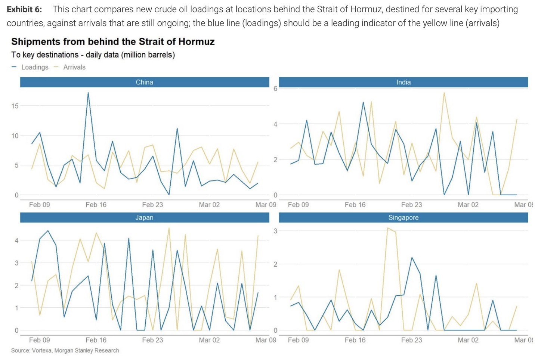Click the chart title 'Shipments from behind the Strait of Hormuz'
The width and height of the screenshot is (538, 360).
click(113, 41)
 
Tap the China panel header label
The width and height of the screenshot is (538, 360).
click(144, 82)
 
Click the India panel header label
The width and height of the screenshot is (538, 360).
click(403, 82)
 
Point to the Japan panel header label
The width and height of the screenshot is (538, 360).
click(144, 217)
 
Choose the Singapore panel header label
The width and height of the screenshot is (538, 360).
click(403, 217)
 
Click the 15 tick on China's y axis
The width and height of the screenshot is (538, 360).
click(15, 106)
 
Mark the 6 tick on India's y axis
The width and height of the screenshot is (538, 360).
click(275, 89)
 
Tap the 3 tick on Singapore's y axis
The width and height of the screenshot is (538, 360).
click(275, 231)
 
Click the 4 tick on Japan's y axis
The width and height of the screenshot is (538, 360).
click(16, 240)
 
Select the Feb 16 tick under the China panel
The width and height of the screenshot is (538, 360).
click(96, 205)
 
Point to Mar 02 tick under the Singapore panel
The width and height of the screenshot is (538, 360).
click(468, 340)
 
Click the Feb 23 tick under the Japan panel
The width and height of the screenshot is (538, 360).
click(152, 340)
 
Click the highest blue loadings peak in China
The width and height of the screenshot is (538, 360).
click(88, 93)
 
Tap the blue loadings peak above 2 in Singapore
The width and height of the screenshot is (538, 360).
click(412, 257)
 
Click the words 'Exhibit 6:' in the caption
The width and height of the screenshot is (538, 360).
click(24, 9)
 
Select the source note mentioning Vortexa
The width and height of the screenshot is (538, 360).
click(65, 350)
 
